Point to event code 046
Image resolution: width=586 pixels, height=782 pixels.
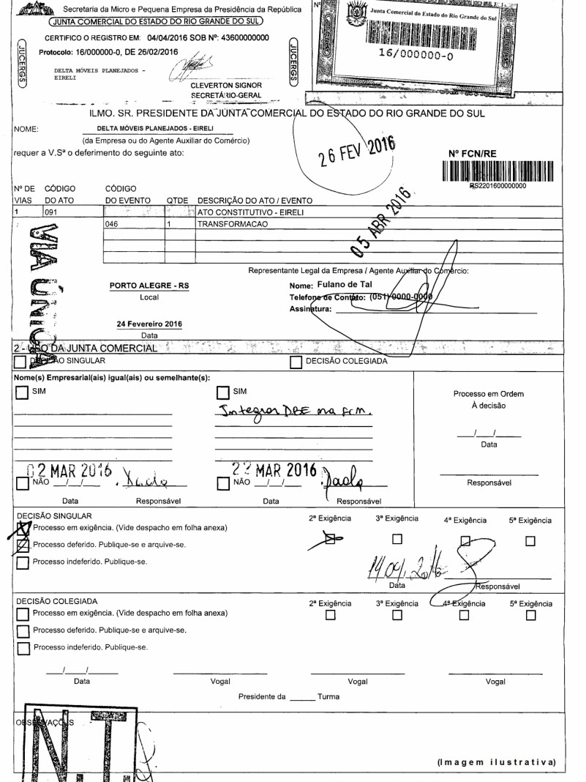tap(113, 226)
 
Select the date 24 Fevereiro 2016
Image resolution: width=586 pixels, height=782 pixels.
tap(149, 323)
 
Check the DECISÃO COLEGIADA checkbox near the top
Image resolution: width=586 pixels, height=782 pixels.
tap(296, 361)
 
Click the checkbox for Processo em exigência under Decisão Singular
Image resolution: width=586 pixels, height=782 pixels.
tap(23, 527)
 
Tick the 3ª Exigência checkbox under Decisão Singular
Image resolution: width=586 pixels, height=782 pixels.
tap(398, 540)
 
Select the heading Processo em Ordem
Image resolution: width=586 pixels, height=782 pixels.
tap(489, 394)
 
